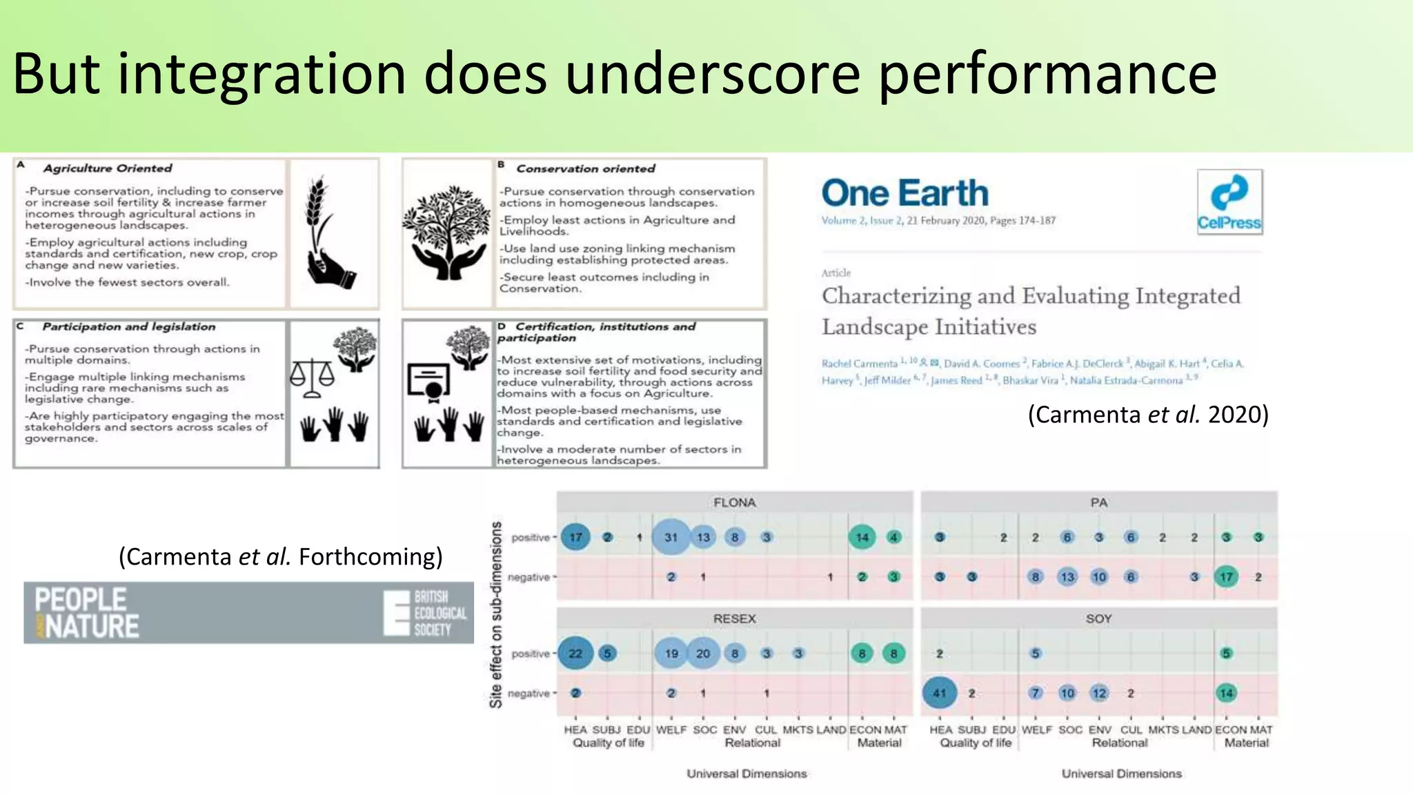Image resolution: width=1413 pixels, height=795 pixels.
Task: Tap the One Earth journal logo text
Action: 905,193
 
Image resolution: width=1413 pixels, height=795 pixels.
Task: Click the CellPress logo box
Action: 1229,202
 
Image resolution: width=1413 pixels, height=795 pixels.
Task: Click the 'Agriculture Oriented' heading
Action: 108,168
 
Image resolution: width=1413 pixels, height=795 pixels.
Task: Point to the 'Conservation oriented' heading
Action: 586,168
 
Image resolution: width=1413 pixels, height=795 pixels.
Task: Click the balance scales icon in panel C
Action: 312,378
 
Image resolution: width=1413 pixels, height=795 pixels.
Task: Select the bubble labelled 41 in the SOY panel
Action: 939,693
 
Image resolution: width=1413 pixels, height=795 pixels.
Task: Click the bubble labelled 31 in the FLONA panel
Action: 671,537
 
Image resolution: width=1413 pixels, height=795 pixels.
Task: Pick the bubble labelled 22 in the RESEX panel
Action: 575,654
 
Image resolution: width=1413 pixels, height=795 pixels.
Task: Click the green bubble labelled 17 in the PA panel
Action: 1226,577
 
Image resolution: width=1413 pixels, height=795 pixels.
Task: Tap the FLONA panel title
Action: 734,502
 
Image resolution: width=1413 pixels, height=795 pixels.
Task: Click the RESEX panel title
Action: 734,619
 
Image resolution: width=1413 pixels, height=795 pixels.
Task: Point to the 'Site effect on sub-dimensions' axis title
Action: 496,614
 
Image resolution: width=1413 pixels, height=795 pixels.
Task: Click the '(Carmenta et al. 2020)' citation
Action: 1148,415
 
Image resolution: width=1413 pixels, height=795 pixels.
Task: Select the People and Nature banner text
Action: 87,613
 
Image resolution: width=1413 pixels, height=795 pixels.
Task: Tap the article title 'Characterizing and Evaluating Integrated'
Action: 1030,296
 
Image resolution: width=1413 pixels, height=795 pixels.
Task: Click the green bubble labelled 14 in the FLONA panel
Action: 862,537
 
